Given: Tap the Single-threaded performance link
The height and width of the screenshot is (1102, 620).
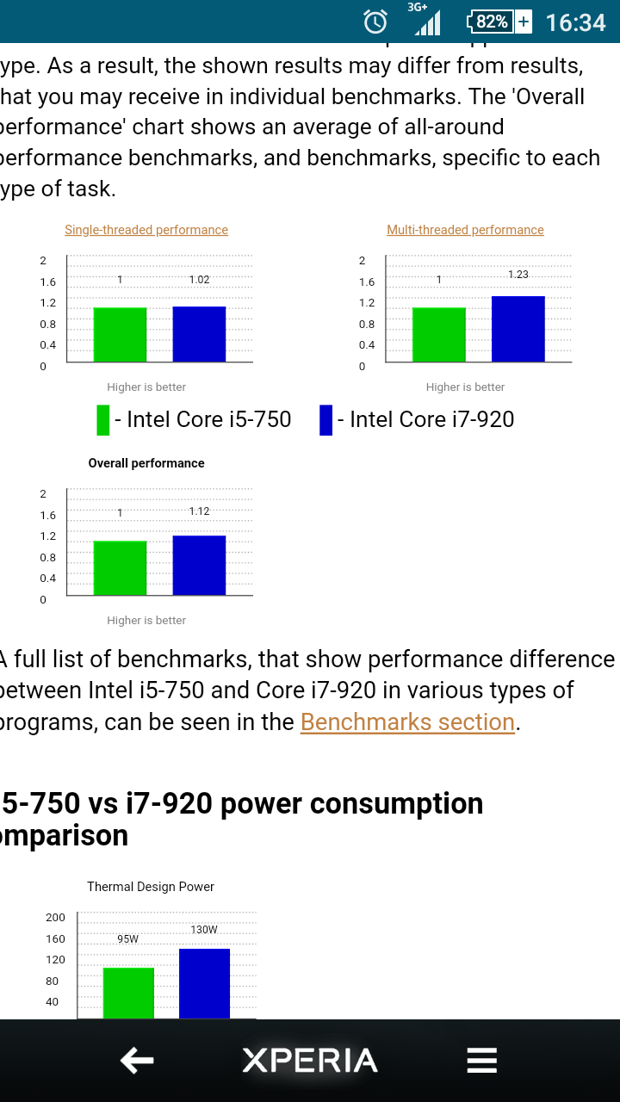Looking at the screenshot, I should (146, 230).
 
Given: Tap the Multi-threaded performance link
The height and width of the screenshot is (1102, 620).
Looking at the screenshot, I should (465, 230).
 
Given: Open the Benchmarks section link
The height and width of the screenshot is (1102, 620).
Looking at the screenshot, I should (407, 721).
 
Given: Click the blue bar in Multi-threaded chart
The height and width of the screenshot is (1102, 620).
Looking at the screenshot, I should (518, 329).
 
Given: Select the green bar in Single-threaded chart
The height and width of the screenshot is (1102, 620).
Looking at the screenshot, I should (120, 334).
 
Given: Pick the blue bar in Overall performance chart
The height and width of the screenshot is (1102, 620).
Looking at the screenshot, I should (199, 565).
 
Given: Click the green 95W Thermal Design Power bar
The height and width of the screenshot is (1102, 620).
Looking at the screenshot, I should (128, 993).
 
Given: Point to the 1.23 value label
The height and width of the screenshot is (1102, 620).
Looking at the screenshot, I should (518, 275).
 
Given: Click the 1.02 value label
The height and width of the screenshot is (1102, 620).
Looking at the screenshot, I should (199, 280).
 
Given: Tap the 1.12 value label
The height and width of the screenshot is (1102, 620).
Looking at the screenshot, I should (199, 511).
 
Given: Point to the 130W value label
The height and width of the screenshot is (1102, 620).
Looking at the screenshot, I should (204, 930).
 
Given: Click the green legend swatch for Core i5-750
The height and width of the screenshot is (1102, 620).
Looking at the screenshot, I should (103, 420).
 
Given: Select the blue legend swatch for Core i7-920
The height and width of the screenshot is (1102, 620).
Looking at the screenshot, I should (325, 420).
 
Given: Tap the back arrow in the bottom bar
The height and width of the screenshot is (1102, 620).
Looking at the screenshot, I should (137, 1061).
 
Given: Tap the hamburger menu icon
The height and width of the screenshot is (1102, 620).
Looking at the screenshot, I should (482, 1061).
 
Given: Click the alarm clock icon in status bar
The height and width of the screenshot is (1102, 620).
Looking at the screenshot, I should (375, 22).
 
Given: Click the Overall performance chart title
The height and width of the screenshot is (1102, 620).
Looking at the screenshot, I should (146, 463).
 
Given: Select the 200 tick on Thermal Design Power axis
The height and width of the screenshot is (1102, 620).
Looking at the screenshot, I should (55, 918).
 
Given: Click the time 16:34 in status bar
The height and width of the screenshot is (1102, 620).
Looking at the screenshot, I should (575, 22).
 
